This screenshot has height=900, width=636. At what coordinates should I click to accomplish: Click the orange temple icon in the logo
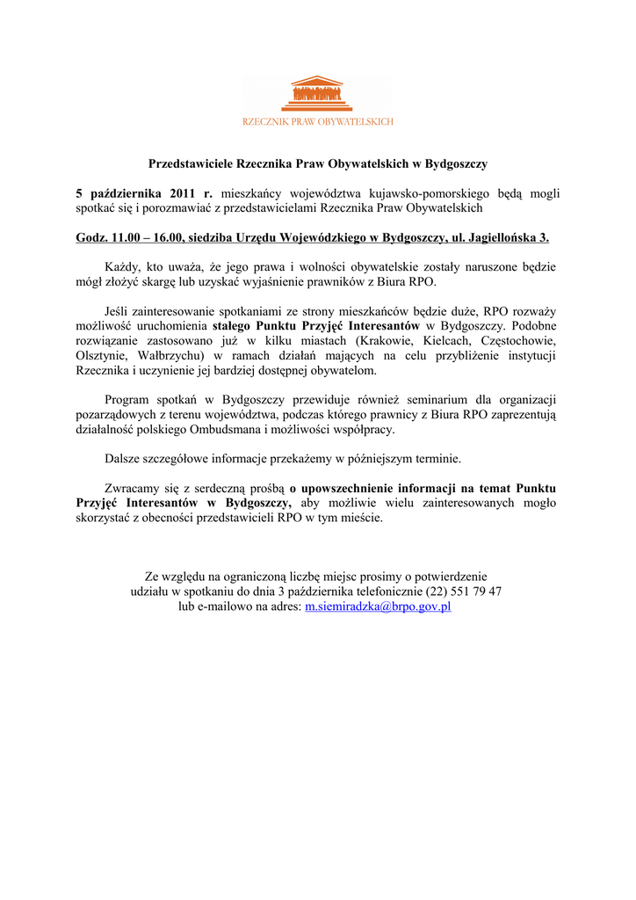point(317,94)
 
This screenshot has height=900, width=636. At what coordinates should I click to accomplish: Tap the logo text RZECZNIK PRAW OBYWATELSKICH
point(318,121)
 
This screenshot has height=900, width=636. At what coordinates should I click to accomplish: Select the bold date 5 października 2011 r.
point(144,192)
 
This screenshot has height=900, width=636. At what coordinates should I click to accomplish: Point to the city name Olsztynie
point(104,356)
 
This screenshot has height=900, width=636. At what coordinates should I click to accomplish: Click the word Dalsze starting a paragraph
point(123,459)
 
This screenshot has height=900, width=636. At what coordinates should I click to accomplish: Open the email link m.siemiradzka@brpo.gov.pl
point(377,606)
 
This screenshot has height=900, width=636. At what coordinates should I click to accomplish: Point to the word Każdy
point(121,267)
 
